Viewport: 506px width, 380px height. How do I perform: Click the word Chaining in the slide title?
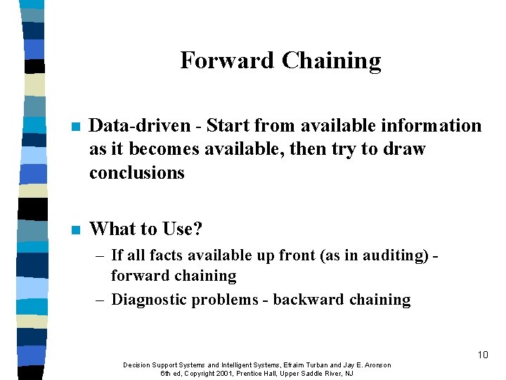click(x=331, y=61)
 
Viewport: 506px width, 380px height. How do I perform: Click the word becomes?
click(x=149, y=149)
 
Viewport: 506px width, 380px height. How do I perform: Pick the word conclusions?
click(x=136, y=172)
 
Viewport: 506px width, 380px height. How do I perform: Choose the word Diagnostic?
click(x=150, y=300)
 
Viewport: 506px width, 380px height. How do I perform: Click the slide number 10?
click(x=482, y=355)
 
